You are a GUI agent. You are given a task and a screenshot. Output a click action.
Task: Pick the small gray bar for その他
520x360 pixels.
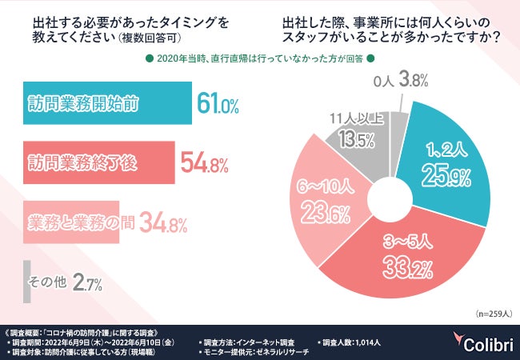(26, 281)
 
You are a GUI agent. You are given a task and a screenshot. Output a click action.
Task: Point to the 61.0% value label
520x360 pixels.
(218, 105)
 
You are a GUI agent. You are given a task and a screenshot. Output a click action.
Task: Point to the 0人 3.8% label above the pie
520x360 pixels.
(402, 79)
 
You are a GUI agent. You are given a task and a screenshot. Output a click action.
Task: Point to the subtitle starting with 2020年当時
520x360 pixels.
(260, 58)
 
